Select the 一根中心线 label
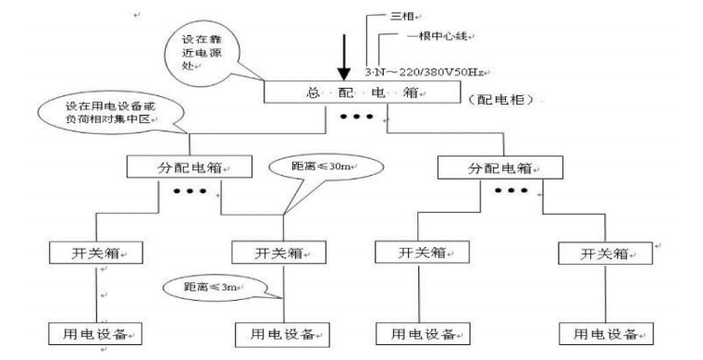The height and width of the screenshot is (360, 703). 439,35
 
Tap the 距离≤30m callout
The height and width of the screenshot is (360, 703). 309,166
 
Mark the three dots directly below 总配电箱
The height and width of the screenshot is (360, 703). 358,118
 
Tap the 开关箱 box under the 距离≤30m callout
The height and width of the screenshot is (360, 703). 279,252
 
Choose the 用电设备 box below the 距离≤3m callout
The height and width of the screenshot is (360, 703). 280,332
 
